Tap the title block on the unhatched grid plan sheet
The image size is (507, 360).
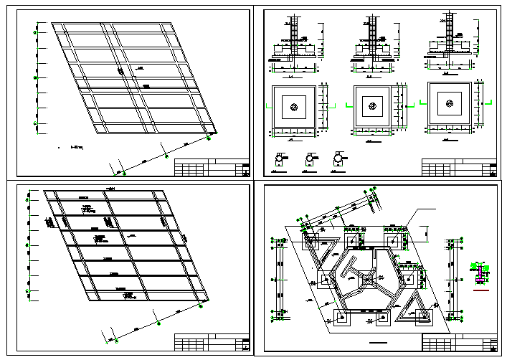click(x=212, y=168)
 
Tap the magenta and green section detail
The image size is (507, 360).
click(x=482, y=273)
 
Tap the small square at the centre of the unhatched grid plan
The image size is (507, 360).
click(x=121, y=72)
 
